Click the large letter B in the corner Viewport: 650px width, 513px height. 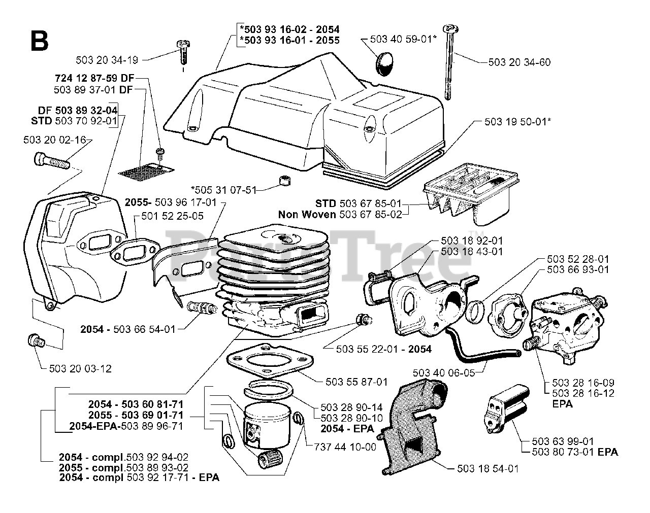click(39, 40)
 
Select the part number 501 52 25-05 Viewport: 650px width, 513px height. click(173, 216)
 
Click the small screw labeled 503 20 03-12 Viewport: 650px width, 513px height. click(36, 341)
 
